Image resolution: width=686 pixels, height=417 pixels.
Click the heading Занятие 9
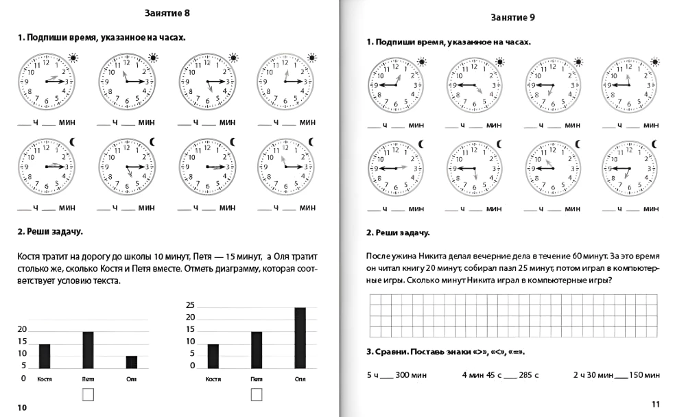coord(513,18)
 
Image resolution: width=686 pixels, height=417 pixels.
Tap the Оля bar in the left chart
coord(131,361)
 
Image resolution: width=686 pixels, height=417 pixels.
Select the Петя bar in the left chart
coord(88,350)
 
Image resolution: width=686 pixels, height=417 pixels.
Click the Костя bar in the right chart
coord(213,355)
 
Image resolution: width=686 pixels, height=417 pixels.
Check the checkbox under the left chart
coord(88,394)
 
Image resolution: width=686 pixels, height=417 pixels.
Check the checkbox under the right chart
coord(257,394)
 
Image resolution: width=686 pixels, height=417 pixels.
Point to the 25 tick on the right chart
coord(191,305)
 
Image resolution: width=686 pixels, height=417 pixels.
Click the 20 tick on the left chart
coord(23,330)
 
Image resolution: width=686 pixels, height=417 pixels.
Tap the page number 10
coord(22,407)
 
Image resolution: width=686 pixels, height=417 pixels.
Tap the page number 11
coord(654,403)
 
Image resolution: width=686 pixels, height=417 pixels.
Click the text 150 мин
coord(644,375)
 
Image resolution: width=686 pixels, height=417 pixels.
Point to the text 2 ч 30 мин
coord(593,375)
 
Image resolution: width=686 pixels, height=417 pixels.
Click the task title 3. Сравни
coord(394,352)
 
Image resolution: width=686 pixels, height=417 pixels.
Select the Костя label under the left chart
coord(45,379)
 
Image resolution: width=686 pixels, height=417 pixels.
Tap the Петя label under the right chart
coord(257,379)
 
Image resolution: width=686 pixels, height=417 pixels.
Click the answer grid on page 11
coord(514,316)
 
